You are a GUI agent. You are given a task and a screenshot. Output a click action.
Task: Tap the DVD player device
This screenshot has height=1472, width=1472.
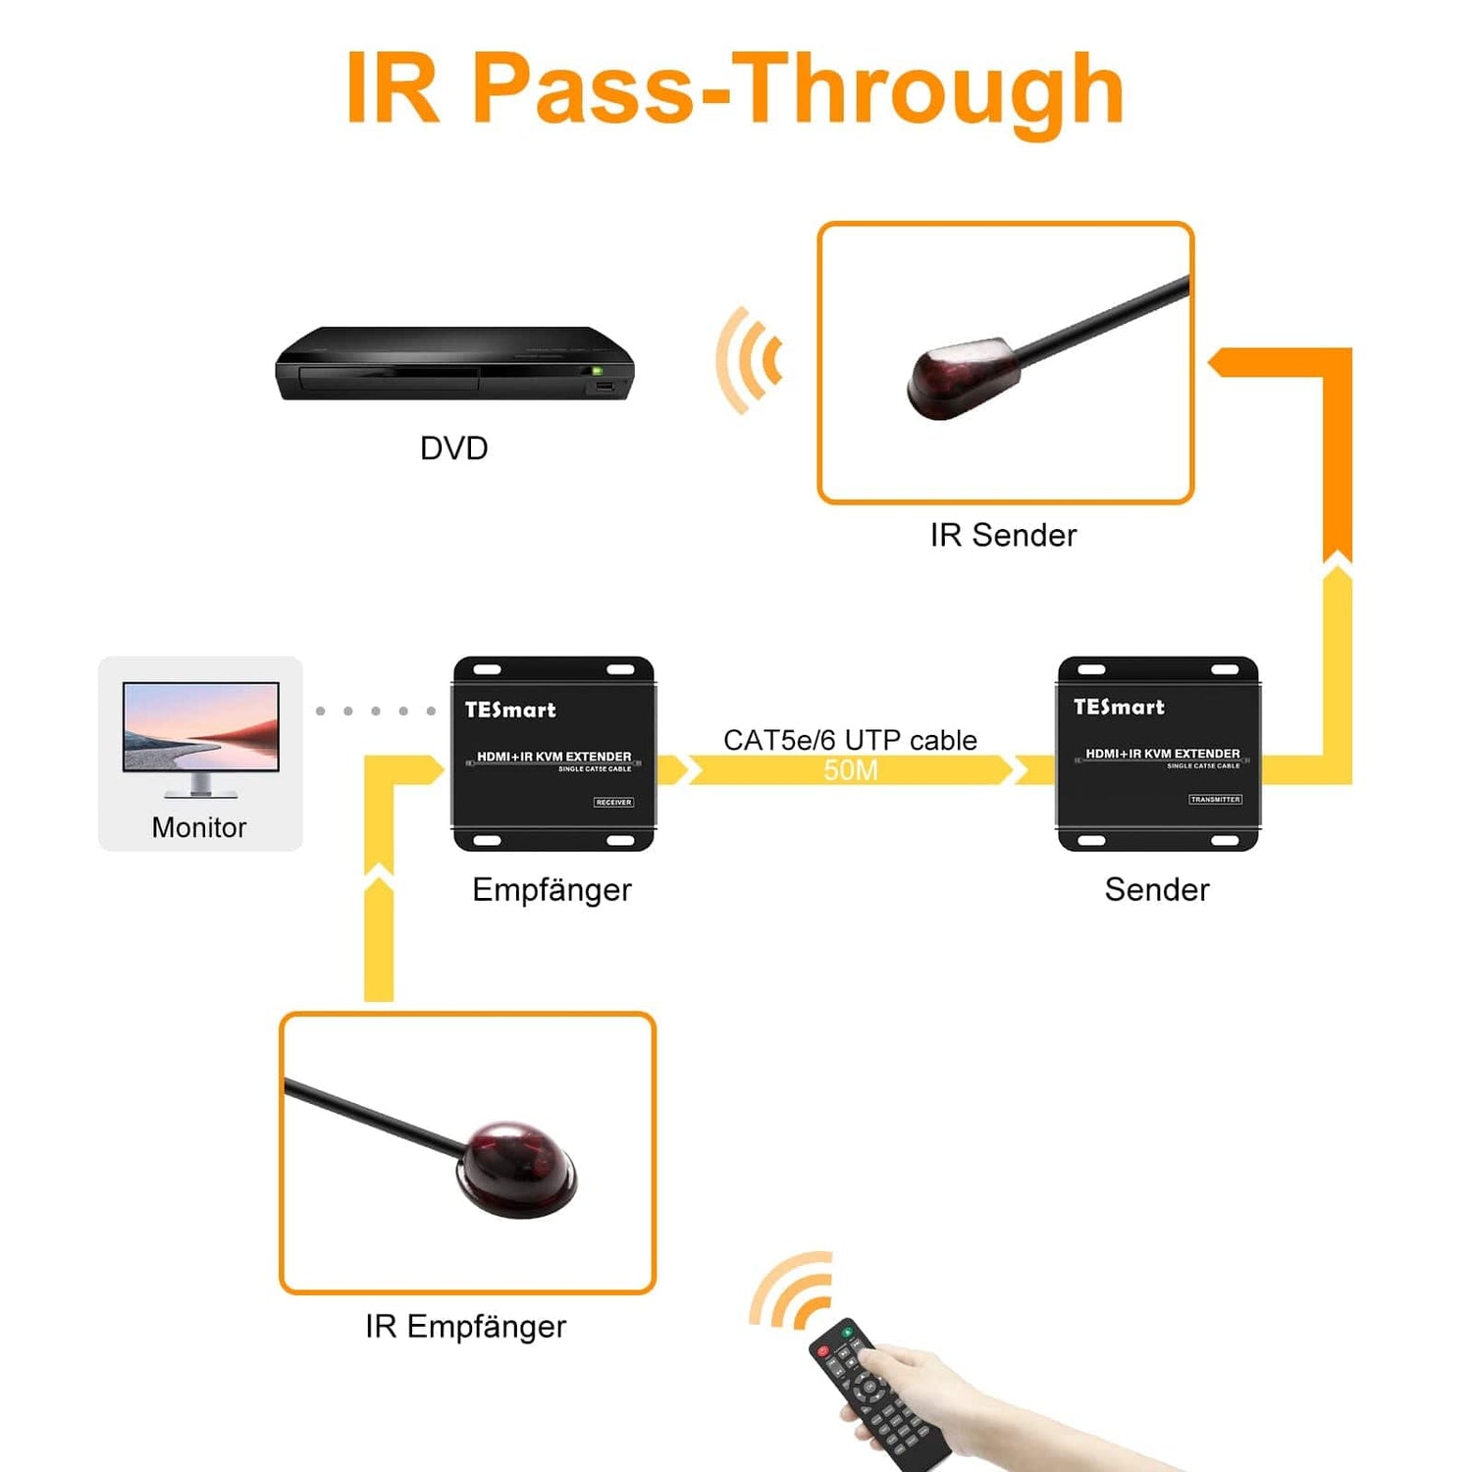(454, 364)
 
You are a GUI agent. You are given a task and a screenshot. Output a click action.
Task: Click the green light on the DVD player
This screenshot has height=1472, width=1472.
(596, 371)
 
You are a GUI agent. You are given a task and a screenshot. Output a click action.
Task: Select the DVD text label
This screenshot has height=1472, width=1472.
(453, 448)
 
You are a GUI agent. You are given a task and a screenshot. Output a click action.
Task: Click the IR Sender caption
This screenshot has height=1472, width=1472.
(1003, 536)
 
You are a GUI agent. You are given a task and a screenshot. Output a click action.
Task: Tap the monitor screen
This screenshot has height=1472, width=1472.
(201, 727)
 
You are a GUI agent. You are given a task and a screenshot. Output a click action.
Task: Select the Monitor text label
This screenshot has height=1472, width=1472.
(199, 828)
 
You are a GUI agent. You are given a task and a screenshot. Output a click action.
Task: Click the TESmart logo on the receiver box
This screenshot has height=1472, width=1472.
(509, 710)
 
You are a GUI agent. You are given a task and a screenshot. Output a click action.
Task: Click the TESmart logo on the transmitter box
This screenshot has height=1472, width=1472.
(1119, 708)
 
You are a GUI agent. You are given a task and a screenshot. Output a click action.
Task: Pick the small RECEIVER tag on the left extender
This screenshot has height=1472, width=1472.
(613, 803)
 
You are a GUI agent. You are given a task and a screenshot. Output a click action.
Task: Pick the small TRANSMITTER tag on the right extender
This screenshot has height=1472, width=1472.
(1215, 800)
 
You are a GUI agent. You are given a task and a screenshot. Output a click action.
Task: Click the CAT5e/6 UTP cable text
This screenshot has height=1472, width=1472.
(850, 740)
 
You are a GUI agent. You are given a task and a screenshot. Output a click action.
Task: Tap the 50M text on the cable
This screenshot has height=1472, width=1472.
(850, 770)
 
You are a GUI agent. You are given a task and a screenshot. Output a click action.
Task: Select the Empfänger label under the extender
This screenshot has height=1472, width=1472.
(552, 890)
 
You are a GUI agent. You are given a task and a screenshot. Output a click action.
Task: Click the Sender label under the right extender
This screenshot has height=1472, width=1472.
(1156, 890)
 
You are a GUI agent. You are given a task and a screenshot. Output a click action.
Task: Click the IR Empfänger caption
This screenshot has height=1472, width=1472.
(465, 1327)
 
